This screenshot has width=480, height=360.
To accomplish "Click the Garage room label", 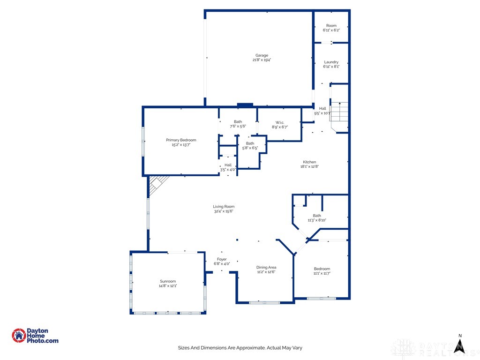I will [x=262, y=55].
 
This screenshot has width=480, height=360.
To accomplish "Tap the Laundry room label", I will [x=331, y=62].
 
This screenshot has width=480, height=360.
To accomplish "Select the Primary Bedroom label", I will [x=181, y=140].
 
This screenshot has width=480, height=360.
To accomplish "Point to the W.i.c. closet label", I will [x=280, y=122].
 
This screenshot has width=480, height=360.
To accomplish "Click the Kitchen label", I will [x=309, y=162].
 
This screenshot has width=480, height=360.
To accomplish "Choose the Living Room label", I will [x=224, y=207].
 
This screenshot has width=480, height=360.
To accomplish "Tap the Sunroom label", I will [x=168, y=281].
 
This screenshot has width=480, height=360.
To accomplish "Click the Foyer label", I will [x=222, y=259].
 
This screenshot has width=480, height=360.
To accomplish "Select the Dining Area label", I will [x=266, y=267].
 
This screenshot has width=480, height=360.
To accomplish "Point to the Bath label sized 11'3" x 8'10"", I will [x=317, y=216].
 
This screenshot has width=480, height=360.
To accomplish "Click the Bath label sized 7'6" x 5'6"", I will [x=238, y=122].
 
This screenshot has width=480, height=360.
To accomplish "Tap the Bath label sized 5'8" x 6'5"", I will [x=250, y=143].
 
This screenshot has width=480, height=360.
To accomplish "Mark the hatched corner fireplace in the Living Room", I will [x=157, y=185].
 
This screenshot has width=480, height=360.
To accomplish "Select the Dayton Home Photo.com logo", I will [x=35, y=336].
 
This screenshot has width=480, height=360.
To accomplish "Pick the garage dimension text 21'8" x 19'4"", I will [x=262, y=60].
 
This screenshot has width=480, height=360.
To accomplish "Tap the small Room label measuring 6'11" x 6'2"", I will [x=331, y=25].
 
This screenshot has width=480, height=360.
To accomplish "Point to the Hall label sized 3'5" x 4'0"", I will [x=228, y=165].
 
